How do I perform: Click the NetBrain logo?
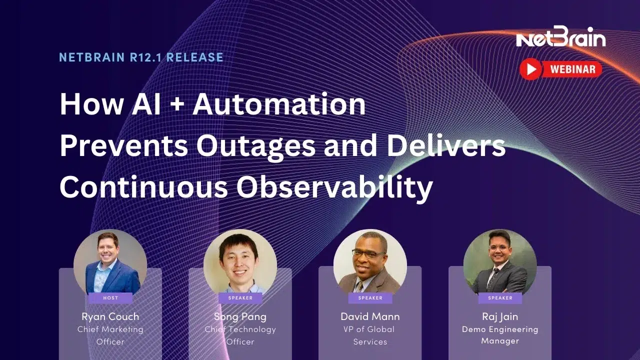(561, 37)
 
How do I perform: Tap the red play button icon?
(530, 69)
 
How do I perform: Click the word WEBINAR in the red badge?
(572, 69)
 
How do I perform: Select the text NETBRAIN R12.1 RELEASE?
(141, 57)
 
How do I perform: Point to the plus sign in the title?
(177, 104)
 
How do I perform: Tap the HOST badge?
(110, 298)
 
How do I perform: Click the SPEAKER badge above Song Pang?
(240, 298)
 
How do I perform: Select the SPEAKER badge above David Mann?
(370, 298)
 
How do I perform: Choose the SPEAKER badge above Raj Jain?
(500, 298)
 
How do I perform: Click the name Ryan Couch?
(110, 316)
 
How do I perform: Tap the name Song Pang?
(240, 316)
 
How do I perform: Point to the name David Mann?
(370, 316)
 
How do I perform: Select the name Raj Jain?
(500, 316)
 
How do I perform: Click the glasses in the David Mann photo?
(369, 253)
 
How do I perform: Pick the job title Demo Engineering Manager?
(500, 335)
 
